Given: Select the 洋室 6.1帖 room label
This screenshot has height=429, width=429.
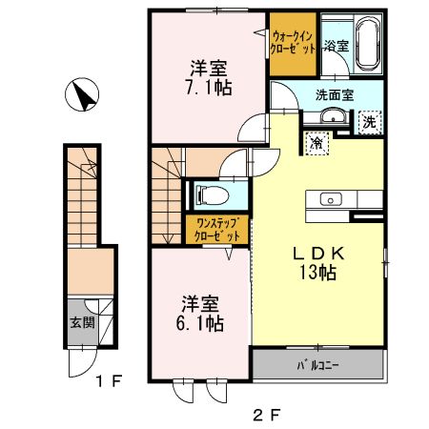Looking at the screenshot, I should point(202,314).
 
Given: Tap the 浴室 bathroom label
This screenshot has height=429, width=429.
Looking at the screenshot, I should point(335,45).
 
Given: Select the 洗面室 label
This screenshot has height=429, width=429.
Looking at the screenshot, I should point(336,93).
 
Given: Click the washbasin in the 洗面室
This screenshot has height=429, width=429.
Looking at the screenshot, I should point(333,116).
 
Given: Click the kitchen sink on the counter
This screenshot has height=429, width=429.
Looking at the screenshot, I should point(332,199).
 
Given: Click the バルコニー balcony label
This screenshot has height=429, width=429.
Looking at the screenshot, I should point(317,366).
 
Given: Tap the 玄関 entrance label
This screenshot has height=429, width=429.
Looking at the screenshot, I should point(77,321).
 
